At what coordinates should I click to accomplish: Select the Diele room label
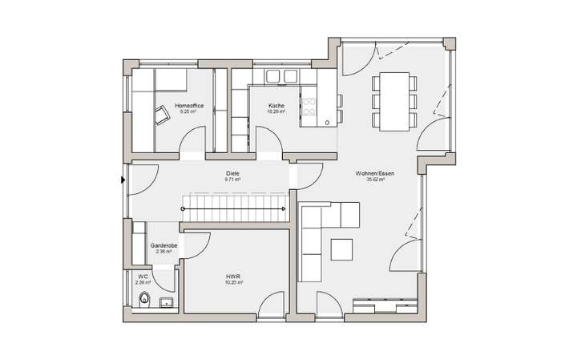234,173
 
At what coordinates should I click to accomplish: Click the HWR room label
233,276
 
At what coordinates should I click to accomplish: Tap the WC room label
143,276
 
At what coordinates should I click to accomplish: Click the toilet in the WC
144,300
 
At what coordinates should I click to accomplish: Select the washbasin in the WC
166,302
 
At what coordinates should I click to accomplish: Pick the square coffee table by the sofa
342,249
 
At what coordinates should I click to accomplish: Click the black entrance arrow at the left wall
123,180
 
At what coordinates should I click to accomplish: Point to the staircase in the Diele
234,210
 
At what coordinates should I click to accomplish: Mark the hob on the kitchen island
309,106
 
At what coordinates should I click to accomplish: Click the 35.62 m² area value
376,180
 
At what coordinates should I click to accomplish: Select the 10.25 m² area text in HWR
233,282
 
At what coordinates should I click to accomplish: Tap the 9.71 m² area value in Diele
233,180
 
